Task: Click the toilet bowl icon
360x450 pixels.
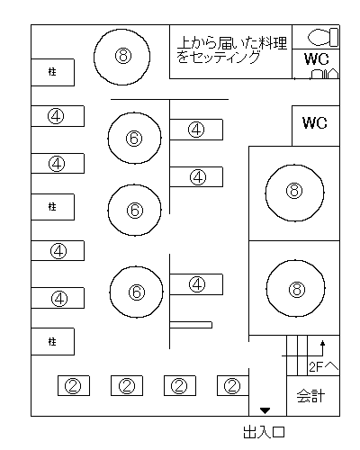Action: (x=323, y=37)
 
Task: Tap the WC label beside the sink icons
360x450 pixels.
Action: (x=316, y=58)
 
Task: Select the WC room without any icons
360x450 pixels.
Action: (x=316, y=126)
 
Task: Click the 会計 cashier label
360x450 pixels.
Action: (x=310, y=396)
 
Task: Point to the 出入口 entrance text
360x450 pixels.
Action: (x=264, y=432)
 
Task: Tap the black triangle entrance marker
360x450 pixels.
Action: (x=265, y=410)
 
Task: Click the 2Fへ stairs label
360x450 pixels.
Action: (x=324, y=366)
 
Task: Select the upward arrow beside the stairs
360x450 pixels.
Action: (x=323, y=348)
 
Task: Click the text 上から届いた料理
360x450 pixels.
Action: (x=232, y=43)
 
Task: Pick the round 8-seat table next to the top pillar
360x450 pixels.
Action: (x=121, y=57)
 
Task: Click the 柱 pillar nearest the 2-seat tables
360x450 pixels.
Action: (x=53, y=341)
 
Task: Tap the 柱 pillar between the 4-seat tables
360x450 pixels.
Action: (x=53, y=207)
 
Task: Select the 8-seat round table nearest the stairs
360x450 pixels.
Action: (x=296, y=288)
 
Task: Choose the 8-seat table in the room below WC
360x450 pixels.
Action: (x=294, y=193)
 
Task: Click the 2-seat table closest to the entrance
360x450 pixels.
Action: (x=233, y=385)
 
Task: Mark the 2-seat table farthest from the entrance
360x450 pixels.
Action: (x=74, y=385)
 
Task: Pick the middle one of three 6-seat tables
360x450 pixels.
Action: (x=134, y=210)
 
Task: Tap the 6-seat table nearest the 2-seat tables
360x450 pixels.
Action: (x=136, y=292)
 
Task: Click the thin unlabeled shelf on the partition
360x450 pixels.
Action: (x=191, y=325)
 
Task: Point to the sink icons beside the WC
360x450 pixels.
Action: (x=325, y=74)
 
